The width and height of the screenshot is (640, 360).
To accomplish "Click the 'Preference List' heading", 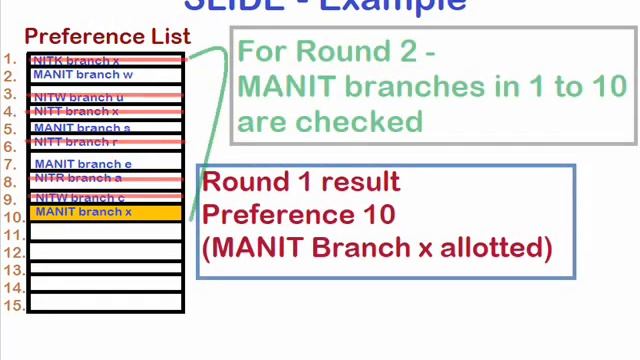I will click(x=107, y=37).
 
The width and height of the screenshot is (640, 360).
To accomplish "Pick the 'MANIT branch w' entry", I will click(x=83, y=75).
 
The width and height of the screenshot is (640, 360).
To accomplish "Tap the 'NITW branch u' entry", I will click(x=79, y=97).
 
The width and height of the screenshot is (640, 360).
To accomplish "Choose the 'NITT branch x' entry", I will click(x=76, y=112).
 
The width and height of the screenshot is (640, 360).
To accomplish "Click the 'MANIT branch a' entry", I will click(x=82, y=128).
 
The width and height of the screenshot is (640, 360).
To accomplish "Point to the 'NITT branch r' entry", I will click(x=76, y=143).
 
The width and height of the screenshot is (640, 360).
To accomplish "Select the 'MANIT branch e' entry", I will click(x=83, y=164).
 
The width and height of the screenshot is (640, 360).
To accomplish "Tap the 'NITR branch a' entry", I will click(x=78, y=178).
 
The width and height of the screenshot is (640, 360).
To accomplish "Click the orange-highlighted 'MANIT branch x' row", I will click(x=105, y=212).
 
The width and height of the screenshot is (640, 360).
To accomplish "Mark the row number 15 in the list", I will click(x=13, y=305).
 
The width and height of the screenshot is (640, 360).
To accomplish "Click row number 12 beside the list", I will click(x=13, y=252).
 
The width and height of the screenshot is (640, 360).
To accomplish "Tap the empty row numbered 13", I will click(x=105, y=270).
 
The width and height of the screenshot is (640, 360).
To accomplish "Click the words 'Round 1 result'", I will click(x=301, y=182).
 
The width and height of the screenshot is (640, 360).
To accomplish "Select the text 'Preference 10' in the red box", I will click(x=299, y=214).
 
